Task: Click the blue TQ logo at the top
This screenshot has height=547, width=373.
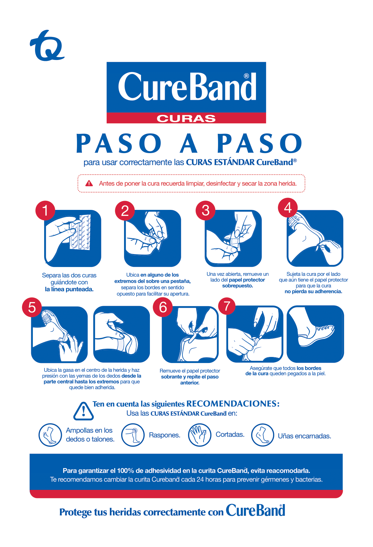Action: (x=47, y=46)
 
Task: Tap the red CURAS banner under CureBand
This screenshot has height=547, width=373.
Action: (x=186, y=118)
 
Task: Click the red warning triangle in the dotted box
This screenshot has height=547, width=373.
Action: (x=89, y=183)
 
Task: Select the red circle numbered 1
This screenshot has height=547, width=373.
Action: (x=45, y=210)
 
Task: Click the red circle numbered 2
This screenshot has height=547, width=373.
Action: (x=125, y=211)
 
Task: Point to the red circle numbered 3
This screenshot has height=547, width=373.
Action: (x=205, y=211)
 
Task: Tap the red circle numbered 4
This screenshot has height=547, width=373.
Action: (x=287, y=208)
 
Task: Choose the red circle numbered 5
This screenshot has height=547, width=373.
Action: (x=32, y=307)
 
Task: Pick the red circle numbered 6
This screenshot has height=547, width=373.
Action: (x=163, y=307)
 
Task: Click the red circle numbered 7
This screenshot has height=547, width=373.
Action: (x=227, y=306)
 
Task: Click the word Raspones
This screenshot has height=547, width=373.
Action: (x=164, y=435)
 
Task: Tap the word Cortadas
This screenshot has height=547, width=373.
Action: (x=230, y=435)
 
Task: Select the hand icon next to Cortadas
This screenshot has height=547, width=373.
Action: (x=199, y=435)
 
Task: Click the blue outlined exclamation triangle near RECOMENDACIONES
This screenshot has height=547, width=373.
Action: (x=83, y=411)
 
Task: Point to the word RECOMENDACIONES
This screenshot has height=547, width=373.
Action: (x=233, y=404)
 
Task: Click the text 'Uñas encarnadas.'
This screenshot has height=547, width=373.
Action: (x=304, y=436)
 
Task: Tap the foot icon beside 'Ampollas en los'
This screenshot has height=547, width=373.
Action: (x=50, y=435)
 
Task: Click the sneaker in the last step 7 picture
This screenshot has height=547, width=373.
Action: (x=316, y=335)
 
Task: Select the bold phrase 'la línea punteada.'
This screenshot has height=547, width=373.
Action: (x=69, y=289)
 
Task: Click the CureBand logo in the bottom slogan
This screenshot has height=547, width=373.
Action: (x=255, y=511)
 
